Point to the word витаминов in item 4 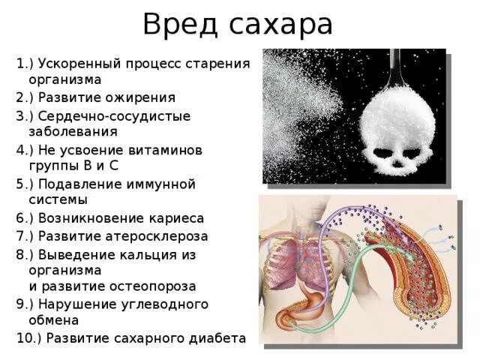165,150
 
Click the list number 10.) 28,337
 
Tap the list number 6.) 25,218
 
